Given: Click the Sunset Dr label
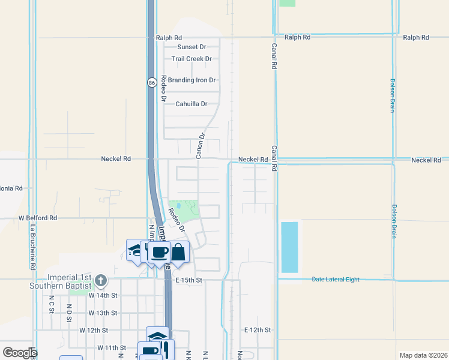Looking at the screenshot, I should pos(191,47).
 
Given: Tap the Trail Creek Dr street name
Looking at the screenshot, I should pos(191,59).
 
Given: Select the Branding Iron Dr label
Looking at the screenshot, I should pos(191,80).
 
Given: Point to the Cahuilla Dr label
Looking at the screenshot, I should pos(191,104).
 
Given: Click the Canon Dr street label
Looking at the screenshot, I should pos(201,145).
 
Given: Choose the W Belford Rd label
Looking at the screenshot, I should pos(37,218).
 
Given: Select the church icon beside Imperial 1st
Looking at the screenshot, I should pos(101,280).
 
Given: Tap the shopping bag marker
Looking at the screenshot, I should pos(179,251).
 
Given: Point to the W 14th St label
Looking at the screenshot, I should pos(103,295).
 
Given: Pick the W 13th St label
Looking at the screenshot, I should pos(103,313).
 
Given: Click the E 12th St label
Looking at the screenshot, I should pos(258,330).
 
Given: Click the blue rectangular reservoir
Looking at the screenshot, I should pos(289,247).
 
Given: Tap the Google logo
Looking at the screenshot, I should pos(19,353).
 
